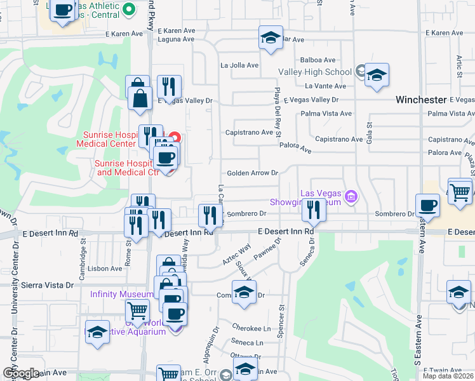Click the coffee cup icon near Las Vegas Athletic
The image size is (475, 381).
[x=64, y=10]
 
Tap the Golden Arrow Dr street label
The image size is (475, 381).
[x=253, y=173]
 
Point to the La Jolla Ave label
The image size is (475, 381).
[x=239, y=65]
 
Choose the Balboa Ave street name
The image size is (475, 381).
[x=313, y=60]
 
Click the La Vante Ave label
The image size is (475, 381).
[x=325, y=86]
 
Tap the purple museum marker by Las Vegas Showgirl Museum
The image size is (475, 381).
[x=349, y=198]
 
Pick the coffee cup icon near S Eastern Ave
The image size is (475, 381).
[x=427, y=205]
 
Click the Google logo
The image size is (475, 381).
[x=21, y=373]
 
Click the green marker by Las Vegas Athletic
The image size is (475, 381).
[x=129, y=9]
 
